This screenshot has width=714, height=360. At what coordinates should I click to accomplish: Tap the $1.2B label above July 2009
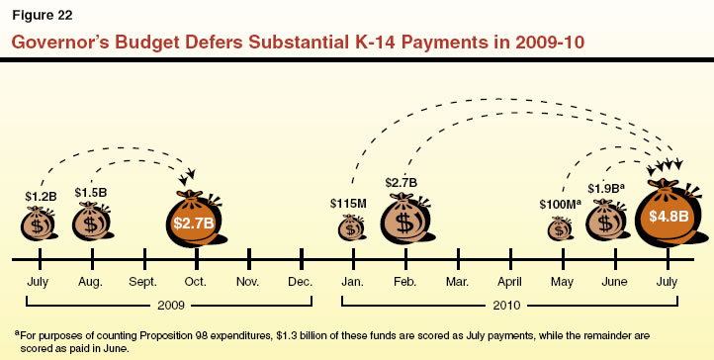[x=40, y=197]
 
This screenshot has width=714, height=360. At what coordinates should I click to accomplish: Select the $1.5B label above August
[x=91, y=192]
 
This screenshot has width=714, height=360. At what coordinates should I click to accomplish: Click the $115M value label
[x=349, y=204]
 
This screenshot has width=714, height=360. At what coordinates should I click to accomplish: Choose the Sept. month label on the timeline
[x=143, y=281]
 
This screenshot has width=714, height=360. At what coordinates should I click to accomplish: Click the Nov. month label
[x=248, y=281]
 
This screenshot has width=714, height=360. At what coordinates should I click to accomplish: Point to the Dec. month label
[x=300, y=281]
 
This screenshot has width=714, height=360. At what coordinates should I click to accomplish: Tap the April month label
[x=509, y=281]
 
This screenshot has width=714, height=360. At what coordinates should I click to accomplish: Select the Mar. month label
[x=457, y=281]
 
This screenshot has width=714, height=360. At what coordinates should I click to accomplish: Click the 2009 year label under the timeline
[x=169, y=306]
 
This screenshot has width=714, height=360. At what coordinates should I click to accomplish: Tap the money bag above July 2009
[x=39, y=224]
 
